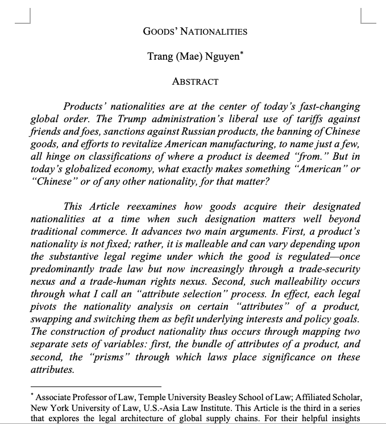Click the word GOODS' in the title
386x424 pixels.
tap(161, 31)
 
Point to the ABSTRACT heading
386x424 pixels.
tap(195, 82)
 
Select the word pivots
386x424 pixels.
tap(47, 307)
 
